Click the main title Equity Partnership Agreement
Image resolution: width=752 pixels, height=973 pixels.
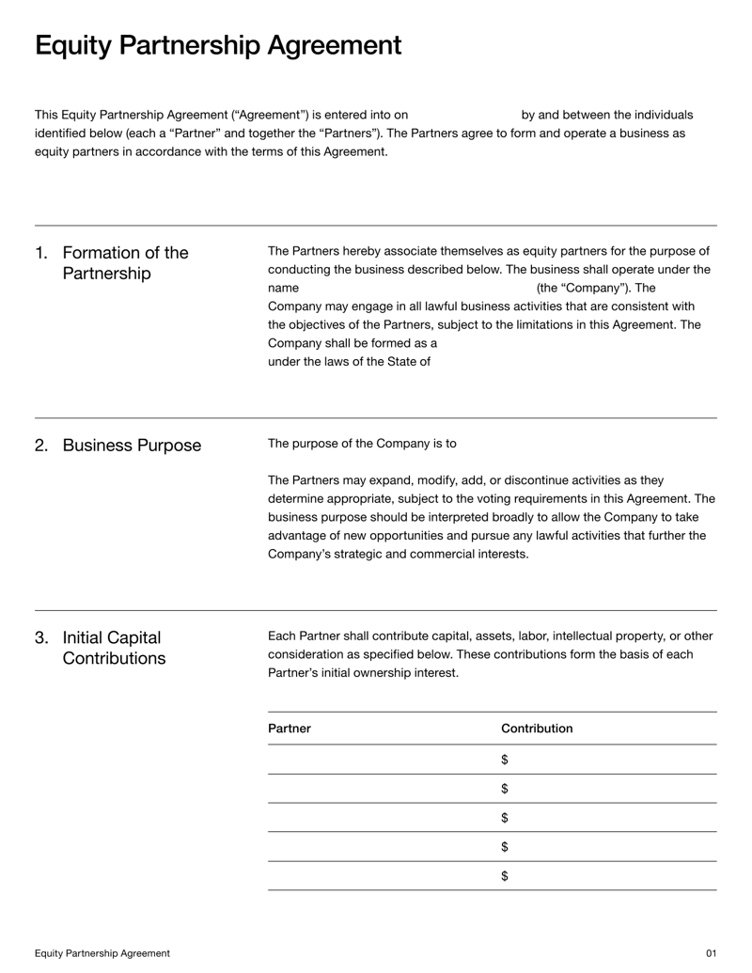point(218,45)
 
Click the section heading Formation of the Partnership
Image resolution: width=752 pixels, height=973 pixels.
point(125,263)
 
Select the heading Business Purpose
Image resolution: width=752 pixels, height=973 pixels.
point(132,446)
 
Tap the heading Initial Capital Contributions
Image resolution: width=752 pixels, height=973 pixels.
point(114,648)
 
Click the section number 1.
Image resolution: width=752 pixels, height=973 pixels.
point(40,253)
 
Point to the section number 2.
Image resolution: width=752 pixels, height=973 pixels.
point(41,446)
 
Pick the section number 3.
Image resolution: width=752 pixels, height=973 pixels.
point(41,637)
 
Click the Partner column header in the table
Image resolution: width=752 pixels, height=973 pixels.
point(290,729)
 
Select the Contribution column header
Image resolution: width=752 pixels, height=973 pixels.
point(537,729)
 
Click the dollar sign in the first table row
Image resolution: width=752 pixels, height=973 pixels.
point(505,759)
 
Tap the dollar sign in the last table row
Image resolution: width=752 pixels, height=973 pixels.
point(505,876)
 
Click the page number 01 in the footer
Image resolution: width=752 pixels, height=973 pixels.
point(711,953)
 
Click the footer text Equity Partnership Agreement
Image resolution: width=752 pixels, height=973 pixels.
point(102,953)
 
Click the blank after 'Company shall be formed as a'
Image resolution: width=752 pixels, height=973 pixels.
point(545,343)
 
